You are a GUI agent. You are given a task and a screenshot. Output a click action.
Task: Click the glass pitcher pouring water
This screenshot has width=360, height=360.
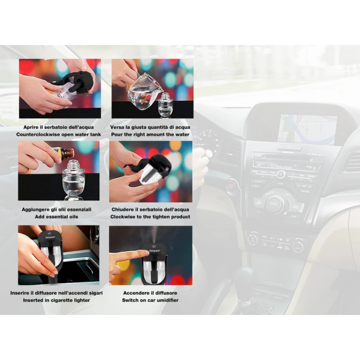pos(142,91)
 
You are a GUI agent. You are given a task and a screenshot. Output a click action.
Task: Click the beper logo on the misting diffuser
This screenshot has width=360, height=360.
pos(155,251)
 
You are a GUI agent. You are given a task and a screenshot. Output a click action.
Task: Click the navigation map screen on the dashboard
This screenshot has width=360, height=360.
pos(307,130)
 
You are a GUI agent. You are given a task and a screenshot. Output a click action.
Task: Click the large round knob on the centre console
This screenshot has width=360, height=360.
pos(277,203)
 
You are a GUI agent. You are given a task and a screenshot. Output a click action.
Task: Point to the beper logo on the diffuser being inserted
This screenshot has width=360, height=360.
pos(50,237)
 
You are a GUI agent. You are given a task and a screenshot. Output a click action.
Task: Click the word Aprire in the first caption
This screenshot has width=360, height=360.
pos(31,127)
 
